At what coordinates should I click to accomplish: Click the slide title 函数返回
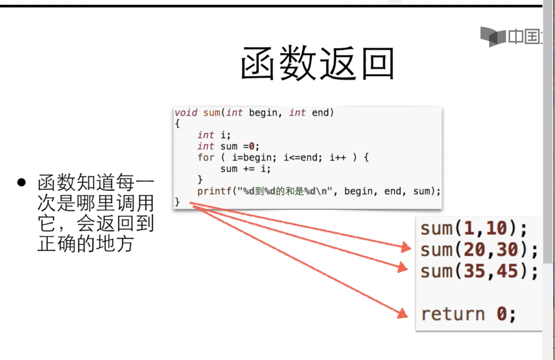click(317, 64)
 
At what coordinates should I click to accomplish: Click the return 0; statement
click(468, 313)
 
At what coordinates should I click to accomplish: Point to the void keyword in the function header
click(186, 113)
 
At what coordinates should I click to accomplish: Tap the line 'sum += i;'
click(245, 169)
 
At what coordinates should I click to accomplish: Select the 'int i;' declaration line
click(214, 135)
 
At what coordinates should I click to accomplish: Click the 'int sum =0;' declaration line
click(228, 146)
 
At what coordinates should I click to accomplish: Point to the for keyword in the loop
click(206, 157)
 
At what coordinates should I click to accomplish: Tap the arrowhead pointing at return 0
click(404, 313)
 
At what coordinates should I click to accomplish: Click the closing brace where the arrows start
click(177, 202)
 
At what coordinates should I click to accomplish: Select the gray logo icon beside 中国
click(492, 37)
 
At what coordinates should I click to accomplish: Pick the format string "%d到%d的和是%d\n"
click(285, 191)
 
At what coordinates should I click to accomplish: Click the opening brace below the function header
click(177, 123)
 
